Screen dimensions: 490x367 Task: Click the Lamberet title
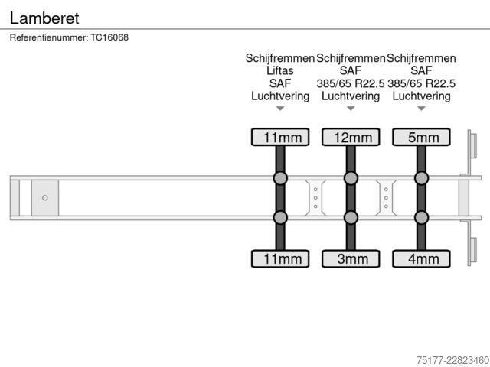tap(44, 18)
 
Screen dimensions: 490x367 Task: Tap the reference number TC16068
tap(109, 37)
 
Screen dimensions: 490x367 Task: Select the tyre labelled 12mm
tap(351, 137)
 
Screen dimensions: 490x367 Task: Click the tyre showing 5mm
tap(421, 137)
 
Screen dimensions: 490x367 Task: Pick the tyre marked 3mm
tap(351, 258)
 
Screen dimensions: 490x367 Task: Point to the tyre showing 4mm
tap(421, 258)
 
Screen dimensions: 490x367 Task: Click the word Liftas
tap(280, 70)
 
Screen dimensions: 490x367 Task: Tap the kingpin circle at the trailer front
tap(45, 198)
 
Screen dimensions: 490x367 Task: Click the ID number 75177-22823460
tap(452, 360)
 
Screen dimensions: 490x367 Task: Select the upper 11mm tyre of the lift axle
tap(280, 137)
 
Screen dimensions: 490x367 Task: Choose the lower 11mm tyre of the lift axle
tap(280, 258)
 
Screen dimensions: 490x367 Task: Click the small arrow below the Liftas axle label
tap(280, 109)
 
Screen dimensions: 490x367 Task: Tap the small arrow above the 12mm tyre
tap(351, 109)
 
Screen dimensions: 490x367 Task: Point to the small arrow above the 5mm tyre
tap(421, 109)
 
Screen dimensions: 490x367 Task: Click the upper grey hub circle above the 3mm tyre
tap(351, 178)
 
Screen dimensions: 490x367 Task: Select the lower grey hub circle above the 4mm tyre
tap(421, 217)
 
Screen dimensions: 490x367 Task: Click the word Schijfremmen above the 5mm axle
tap(421, 58)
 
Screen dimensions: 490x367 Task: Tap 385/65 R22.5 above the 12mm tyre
tap(351, 83)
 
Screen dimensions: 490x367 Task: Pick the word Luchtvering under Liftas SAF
tap(280, 96)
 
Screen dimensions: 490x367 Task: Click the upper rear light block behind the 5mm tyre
tap(473, 146)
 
